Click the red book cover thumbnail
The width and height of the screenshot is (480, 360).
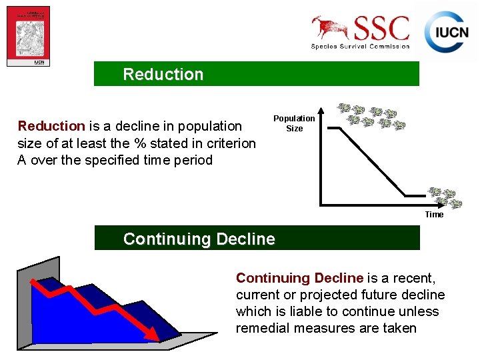coord(28,36)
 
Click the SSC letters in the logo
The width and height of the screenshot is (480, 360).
coord(382,29)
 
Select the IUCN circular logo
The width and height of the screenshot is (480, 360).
coord(445,32)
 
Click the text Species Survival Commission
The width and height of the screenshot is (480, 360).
coord(360,46)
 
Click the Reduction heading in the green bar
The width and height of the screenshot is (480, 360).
coord(163,74)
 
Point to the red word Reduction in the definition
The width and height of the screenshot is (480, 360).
coord(51,126)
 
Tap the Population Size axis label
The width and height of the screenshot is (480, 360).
coord(294,123)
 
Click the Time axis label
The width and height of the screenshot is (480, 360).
coord(434,215)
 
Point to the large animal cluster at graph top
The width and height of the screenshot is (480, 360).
coord(371,116)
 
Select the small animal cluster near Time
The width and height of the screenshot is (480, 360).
coord(445,197)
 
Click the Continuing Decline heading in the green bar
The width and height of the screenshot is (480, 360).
coord(199,239)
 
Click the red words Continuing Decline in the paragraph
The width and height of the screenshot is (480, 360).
coord(299,278)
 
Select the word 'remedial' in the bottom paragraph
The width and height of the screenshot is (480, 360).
coord(261,328)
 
